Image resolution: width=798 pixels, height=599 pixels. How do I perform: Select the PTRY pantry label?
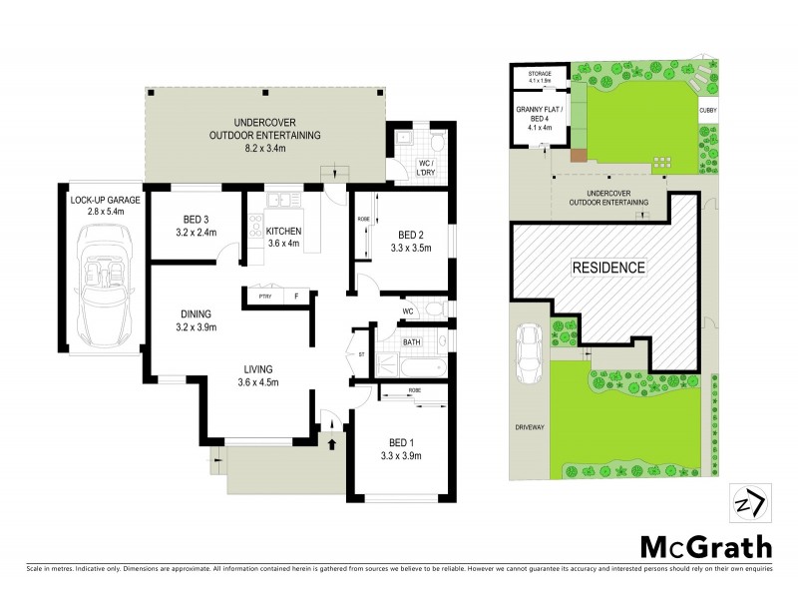[x=264, y=297]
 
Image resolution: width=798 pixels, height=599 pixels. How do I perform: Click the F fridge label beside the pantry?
[x=295, y=297]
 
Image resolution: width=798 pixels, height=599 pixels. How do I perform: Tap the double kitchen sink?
[x=284, y=201]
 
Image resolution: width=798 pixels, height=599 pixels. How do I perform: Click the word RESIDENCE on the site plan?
[x=608, y=268]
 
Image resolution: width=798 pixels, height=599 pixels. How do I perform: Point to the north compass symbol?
[x=747, y=501]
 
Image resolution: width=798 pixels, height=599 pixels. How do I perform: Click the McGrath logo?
[x=704, y=547]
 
